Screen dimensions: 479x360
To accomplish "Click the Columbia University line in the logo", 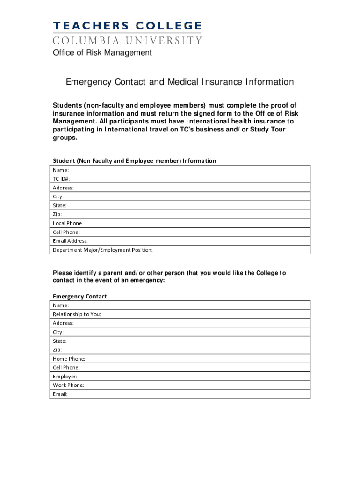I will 127,40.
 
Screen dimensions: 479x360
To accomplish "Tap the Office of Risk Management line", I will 101,53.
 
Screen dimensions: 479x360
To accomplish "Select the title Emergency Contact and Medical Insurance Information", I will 180,82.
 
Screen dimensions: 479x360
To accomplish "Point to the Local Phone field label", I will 67,223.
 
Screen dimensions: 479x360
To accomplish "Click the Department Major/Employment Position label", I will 102,250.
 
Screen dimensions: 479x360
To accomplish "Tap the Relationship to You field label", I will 77,314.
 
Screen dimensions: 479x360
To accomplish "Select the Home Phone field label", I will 69,359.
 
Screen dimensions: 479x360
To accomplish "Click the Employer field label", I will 65,377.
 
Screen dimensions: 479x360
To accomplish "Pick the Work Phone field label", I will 69,385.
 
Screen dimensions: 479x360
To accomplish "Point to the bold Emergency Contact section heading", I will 79,297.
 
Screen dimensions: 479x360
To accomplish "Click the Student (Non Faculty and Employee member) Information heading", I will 134,161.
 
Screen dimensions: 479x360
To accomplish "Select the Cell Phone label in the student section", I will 66,232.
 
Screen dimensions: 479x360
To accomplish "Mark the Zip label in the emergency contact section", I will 57,350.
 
